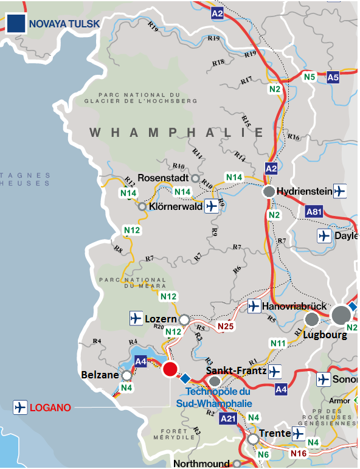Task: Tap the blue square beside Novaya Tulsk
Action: [16, 23]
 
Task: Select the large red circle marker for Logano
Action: [170, 369]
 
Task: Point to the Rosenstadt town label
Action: [163, 178]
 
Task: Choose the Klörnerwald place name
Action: [175, 207]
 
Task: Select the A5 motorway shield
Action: [333, 77]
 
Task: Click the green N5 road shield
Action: [310, 77]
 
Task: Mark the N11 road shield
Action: [278, 344]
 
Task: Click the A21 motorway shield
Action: [228, 419]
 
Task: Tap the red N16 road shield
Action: [299, 453]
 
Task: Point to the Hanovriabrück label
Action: [294, 305]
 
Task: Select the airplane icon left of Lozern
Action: [136, 318]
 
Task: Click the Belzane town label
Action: [99, 375]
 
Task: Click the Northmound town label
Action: [201, 463]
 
